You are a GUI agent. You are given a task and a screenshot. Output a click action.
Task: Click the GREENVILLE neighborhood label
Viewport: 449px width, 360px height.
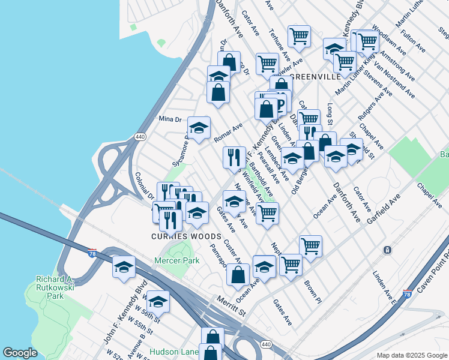316,77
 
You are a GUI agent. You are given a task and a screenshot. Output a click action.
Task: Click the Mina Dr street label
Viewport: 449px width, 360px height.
169,119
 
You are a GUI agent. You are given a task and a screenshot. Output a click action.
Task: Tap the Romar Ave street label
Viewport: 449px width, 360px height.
228,133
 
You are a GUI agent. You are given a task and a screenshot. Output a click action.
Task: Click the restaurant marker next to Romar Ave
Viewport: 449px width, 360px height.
234,157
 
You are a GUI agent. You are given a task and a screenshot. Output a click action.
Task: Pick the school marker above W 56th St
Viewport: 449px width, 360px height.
158,301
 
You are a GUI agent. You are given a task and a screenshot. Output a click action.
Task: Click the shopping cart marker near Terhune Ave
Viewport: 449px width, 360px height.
298,36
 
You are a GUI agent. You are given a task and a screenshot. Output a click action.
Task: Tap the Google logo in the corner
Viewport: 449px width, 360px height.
20,353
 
